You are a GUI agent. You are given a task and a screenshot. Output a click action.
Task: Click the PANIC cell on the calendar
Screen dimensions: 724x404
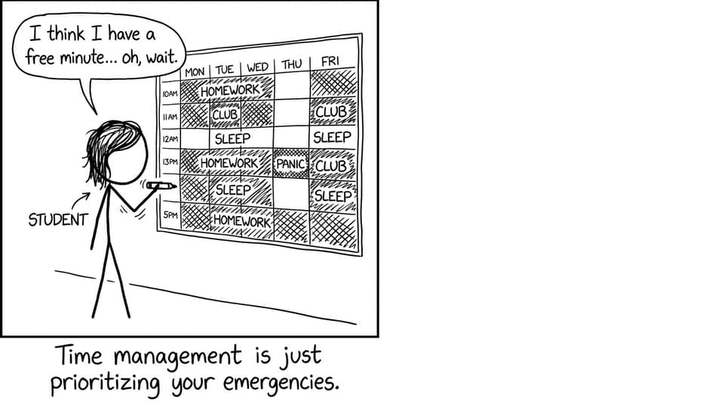click(291, 164)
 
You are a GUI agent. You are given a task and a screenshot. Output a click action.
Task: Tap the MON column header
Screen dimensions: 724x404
click(195, 72)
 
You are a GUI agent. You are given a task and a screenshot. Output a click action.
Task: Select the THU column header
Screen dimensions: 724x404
click(291, 64)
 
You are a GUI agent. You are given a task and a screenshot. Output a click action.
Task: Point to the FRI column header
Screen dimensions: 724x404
click(330, 61)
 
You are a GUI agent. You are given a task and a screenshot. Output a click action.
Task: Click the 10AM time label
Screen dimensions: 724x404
click(170, 94)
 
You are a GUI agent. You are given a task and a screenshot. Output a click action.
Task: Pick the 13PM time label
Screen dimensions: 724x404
click(170, 162)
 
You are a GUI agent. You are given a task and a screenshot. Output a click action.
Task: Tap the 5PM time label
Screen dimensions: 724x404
click(170, 215)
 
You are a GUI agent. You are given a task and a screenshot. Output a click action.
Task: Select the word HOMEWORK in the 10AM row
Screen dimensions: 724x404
click(230, 90)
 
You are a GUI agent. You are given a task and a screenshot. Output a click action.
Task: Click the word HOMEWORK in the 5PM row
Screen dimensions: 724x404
click(241, 221)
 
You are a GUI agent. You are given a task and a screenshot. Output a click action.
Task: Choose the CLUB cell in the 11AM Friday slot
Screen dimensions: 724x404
click(332, 112)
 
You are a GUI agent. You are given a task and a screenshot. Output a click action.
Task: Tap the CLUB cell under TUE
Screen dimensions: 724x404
click(225, 114)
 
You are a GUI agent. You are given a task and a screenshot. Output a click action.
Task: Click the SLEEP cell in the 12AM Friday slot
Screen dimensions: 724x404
click(332, 137)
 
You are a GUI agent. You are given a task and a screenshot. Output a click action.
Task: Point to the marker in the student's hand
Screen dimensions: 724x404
click(161, 187)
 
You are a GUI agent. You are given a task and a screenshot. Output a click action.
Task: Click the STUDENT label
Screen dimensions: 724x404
click(58, 220)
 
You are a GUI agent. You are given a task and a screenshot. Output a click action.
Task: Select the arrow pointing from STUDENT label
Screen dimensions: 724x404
click(81, 201)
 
